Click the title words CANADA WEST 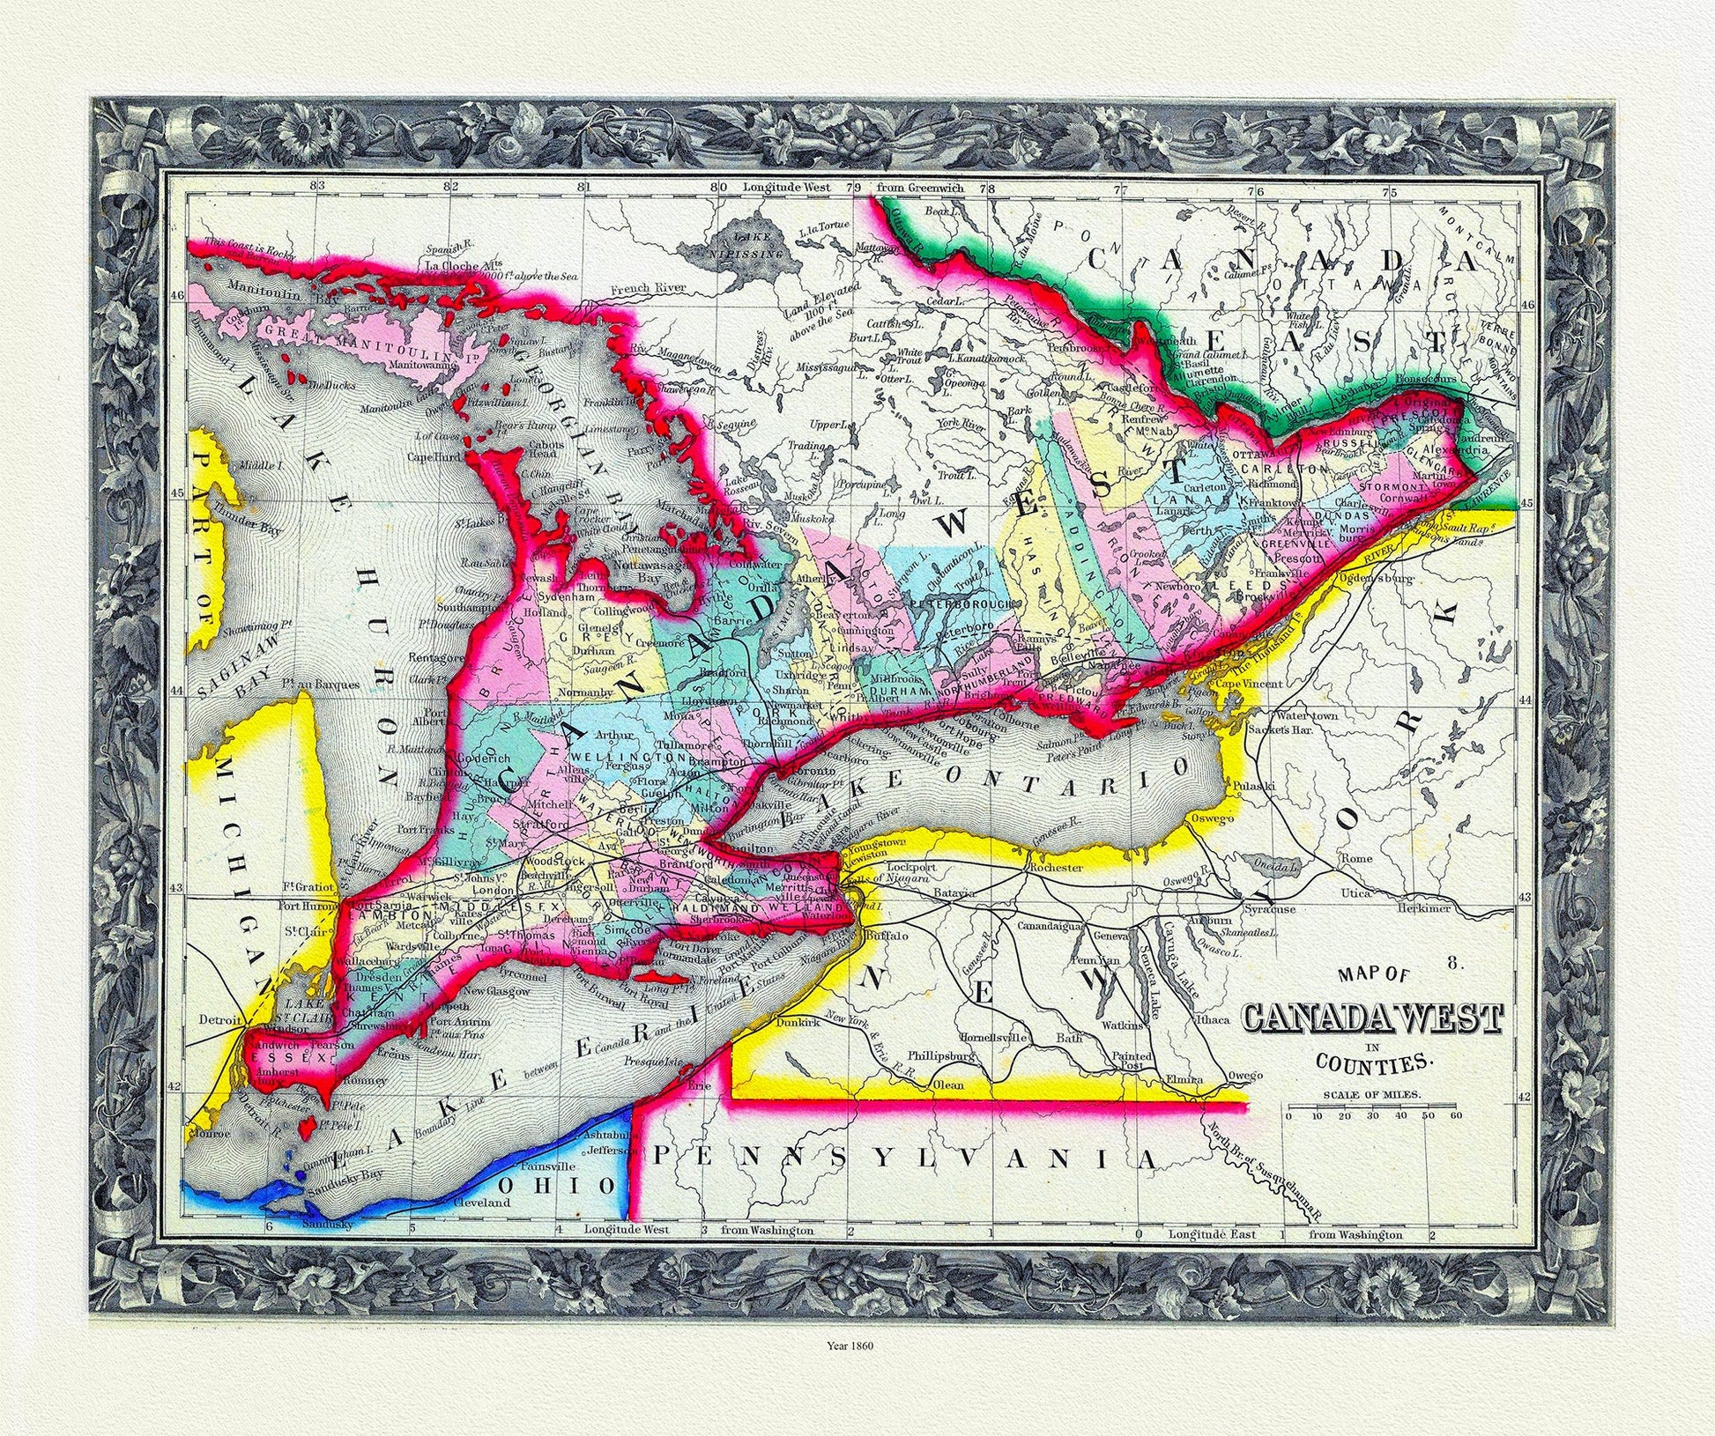(x=1371, y=1018)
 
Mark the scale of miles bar (x=1372, y=1107)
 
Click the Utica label (x=1355, y=893)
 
